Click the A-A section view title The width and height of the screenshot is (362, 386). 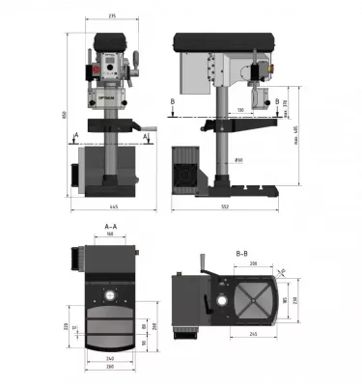click(x=112, y=226)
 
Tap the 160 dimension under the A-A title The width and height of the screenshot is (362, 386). click(x=112, y=234)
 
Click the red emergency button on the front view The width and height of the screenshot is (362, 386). click(x=97, y=73)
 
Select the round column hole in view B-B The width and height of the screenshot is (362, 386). click(x=222, y=303)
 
